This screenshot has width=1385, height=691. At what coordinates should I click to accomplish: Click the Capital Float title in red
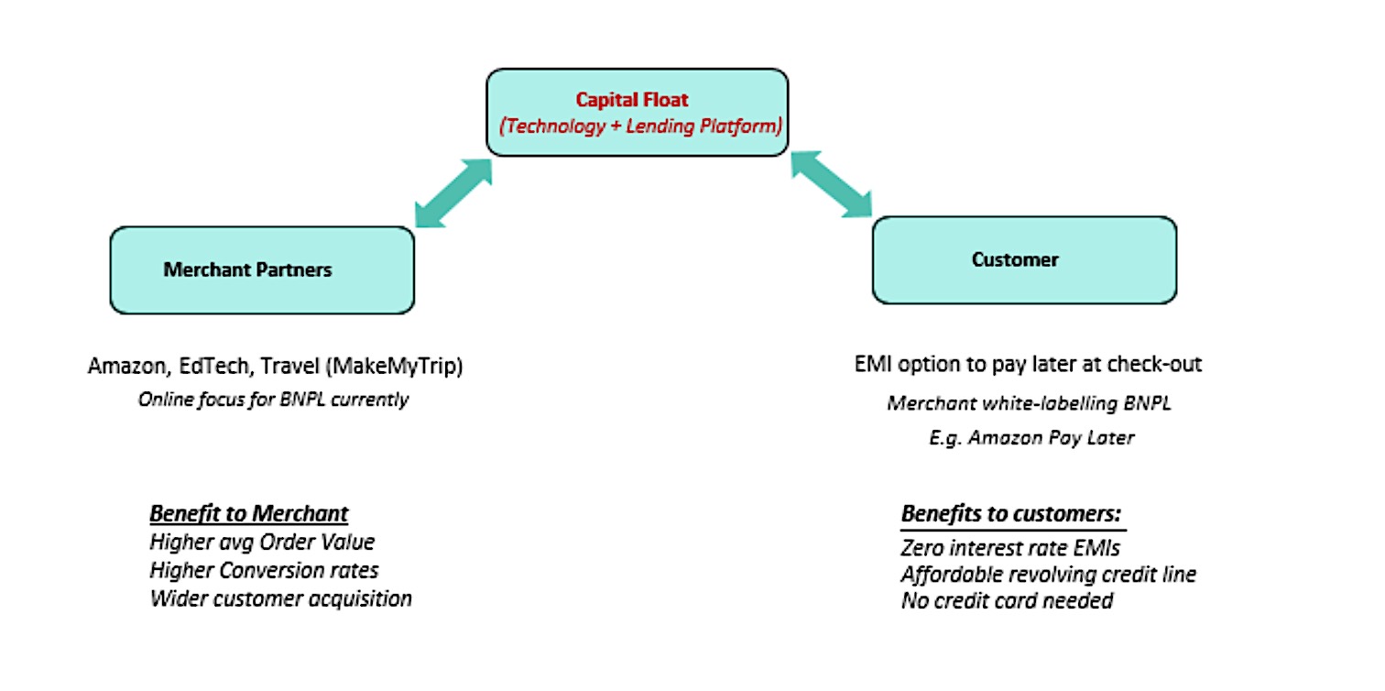coord(636,99)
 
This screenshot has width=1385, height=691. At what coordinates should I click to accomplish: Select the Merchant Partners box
coord(262,270)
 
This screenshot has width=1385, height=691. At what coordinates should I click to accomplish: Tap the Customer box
coord(1023,260)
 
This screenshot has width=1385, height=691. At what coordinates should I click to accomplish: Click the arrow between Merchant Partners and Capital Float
coord(453,192)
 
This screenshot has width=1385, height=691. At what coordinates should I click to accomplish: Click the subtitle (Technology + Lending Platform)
coord(639,126)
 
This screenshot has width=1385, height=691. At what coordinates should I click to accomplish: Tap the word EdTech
coord(213,367)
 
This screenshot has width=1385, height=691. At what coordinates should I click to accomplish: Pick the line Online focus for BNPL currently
coord(273,400)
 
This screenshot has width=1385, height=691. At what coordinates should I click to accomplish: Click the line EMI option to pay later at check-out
coord(1026,364)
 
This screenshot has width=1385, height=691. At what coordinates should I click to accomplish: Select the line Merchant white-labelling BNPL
coord(1029,403)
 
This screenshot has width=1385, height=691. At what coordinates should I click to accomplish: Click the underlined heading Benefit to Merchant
coord(249,513)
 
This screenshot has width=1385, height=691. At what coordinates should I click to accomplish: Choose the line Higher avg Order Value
coord(262,543)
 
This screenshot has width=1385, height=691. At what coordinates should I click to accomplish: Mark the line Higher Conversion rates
coord(264,571)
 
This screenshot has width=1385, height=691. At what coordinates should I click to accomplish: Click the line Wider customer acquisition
coord(280,599)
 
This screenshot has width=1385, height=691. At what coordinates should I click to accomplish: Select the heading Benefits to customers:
coord(1011,513)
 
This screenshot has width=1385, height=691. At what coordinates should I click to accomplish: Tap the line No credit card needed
coord(1007,601)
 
